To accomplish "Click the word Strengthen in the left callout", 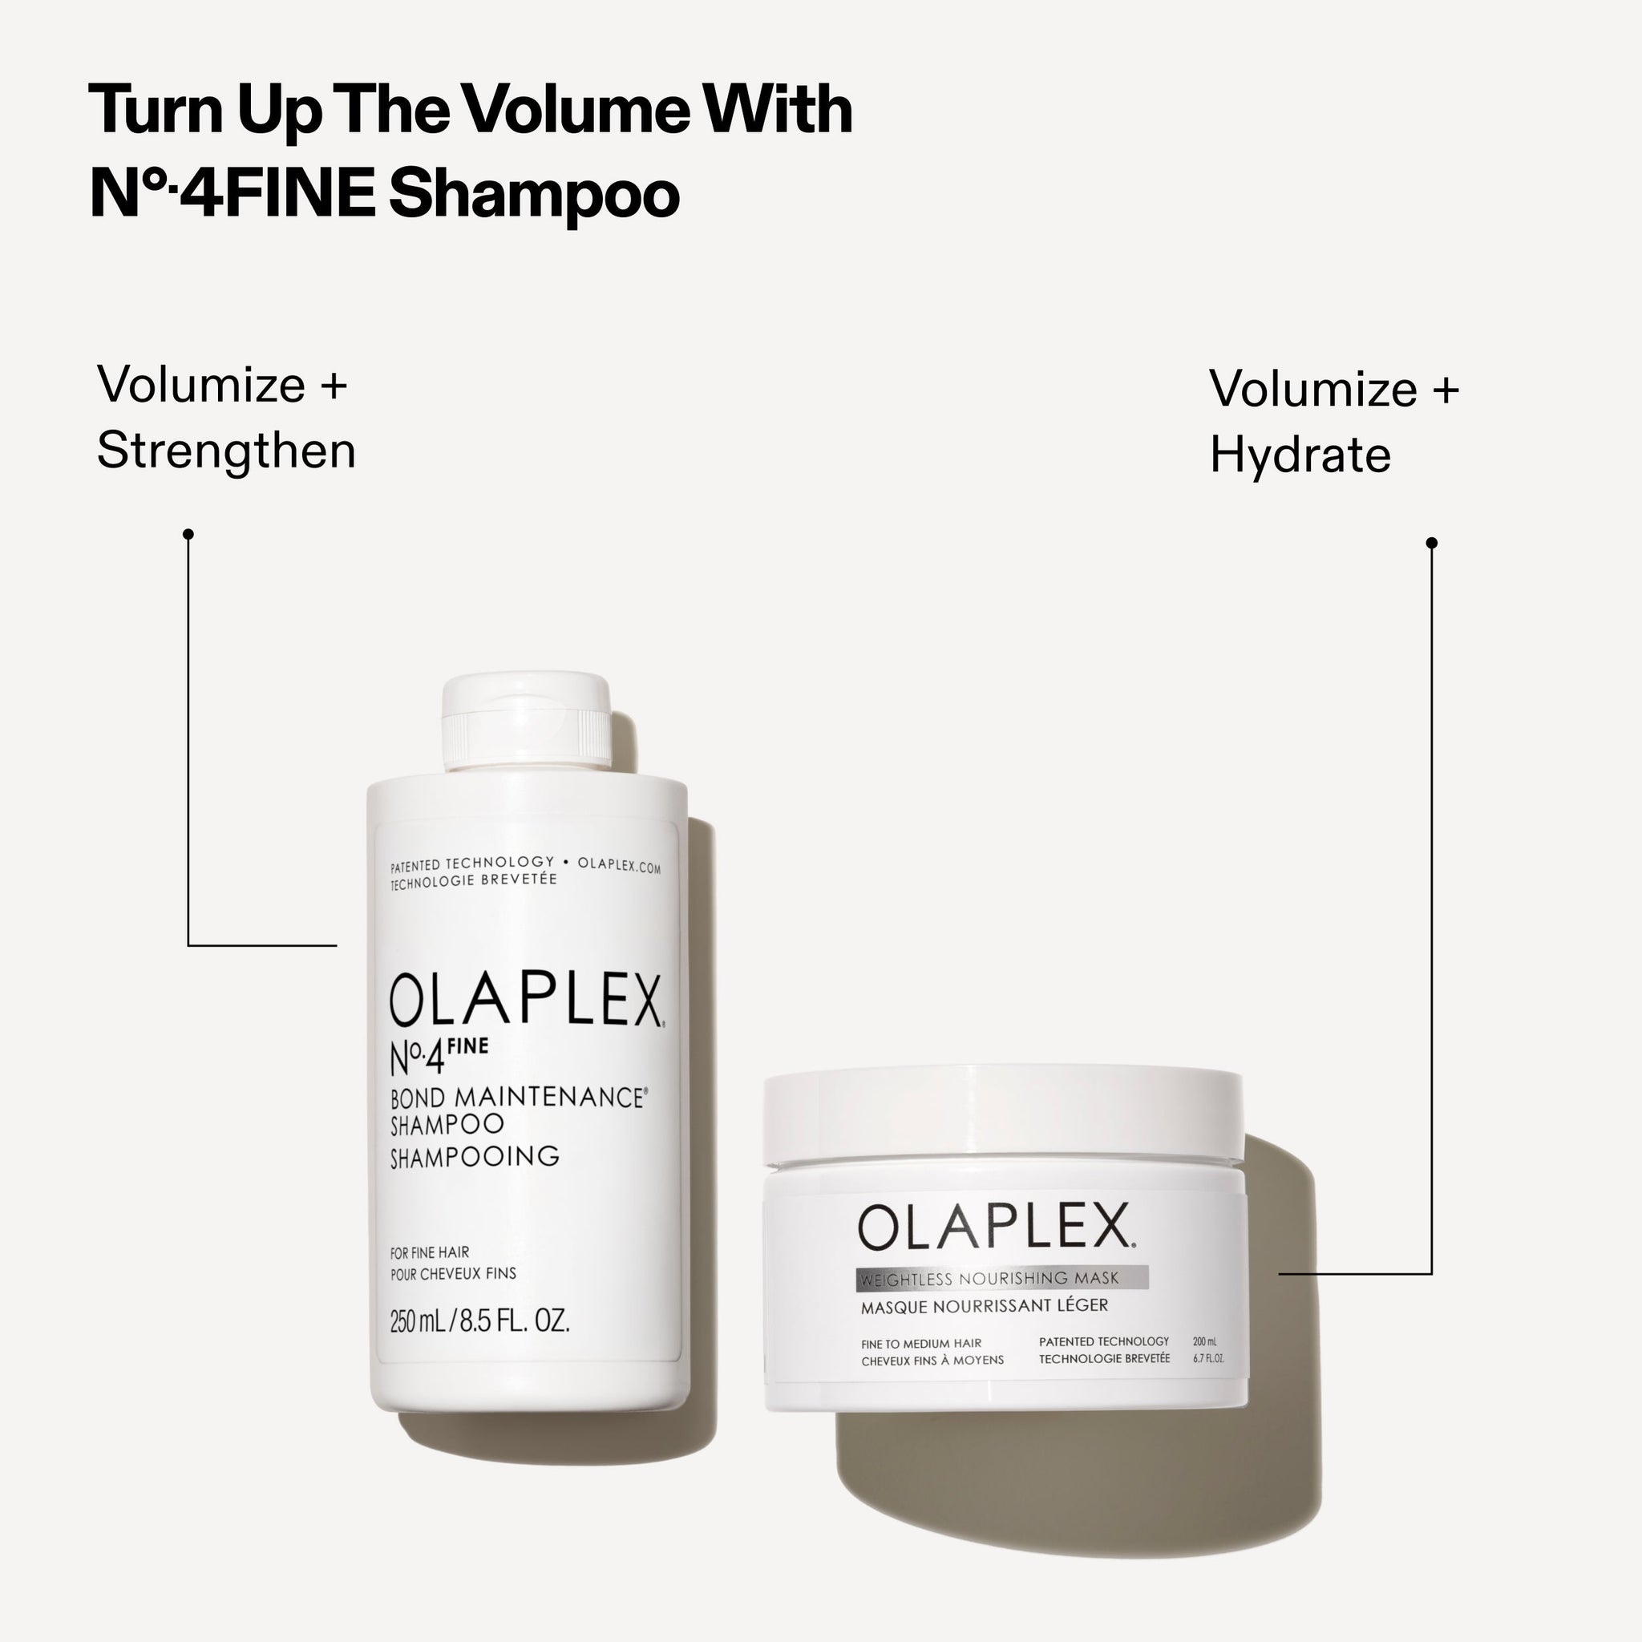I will click(226, 451).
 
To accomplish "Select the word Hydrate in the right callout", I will click(1300, 455).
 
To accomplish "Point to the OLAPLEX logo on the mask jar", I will click(994, 1227).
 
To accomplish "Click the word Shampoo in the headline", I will click(534, 195).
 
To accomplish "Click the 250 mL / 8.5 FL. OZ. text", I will click(479, 1320).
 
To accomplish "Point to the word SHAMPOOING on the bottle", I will click(475, 1157).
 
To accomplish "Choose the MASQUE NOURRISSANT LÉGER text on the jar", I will click(985, 1306).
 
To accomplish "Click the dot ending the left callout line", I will click(188, 534).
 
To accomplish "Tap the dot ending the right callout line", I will click(1431, 542).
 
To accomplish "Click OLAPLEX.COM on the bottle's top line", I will click(619, 865).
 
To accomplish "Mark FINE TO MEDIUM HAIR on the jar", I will click(921, 1344).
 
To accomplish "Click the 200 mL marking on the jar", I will click(1204, 1341).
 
